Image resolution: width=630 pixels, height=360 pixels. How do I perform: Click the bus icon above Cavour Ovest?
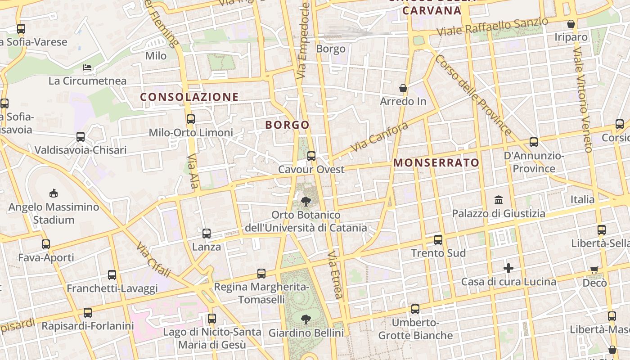[x=311, y=156]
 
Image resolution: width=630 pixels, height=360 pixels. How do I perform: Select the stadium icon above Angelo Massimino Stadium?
[x=54, y=193]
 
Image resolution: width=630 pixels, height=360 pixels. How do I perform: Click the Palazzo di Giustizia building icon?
[x=499, y=200]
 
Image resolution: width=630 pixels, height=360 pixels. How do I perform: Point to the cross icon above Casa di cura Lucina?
[x=508, y=268]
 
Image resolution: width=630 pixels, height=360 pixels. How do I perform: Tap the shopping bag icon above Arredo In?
[x=403, y=88]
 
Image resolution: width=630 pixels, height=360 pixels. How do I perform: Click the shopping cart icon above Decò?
[x=594, y=270]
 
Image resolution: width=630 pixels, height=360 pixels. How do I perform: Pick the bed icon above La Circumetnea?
[x=88, y=67]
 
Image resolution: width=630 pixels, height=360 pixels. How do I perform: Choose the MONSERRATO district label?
[x=436, y=163]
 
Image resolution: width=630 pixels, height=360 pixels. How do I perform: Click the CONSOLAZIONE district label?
[x=189, y=97]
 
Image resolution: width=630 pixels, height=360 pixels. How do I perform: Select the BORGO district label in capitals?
[x=288, y=125]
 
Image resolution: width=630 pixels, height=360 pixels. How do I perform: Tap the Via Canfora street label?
[x=379, y=137]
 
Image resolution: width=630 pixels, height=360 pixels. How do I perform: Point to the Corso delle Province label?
[x=473, y=95]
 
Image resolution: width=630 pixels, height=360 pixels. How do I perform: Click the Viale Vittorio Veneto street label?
[x=582, y=101]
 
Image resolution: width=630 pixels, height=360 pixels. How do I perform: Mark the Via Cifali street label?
[x=153, y=260]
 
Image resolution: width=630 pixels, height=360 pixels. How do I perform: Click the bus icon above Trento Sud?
[x=438, y=239]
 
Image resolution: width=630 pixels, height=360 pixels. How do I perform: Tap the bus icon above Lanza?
[x=207, y=233]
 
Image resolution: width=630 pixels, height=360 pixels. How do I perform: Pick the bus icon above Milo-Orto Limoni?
[x=191, y=119]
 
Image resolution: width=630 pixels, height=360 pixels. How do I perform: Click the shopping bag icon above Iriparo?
[x=571, y=24]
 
